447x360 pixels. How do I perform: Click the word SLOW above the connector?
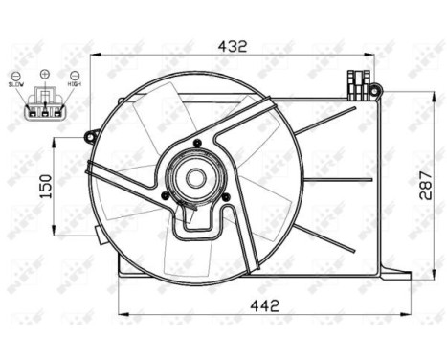(16, 83)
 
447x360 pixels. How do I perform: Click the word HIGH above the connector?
(74, 83)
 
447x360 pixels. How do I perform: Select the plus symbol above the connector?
(44, 74)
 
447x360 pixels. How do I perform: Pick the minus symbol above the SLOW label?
(16, 74)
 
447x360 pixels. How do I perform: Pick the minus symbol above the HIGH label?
(75, 74)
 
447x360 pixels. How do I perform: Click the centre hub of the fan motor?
(195, 177)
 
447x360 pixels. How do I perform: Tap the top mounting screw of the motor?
(195, 144)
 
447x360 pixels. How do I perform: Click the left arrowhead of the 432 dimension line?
(96, 56)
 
